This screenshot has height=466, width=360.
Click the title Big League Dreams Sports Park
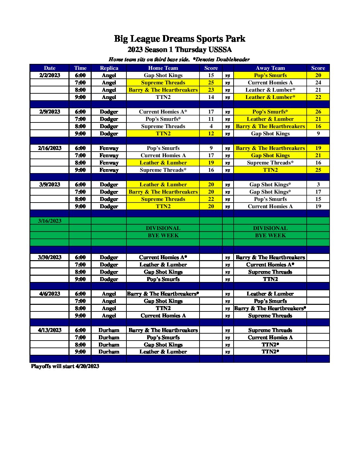180,39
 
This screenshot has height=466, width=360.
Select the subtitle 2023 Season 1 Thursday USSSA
180,50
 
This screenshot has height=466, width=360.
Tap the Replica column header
109,68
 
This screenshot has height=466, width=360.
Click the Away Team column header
270,68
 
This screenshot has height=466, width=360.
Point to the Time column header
80,68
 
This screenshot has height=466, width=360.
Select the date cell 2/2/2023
50,75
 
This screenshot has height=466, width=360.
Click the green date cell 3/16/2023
50,221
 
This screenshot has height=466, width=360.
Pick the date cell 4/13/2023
50,330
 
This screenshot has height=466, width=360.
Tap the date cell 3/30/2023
50,257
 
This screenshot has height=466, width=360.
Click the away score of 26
318,112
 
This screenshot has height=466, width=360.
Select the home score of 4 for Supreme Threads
211,126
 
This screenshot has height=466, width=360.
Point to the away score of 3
318,184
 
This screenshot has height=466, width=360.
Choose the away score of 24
318,82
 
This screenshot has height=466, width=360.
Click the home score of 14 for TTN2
211,97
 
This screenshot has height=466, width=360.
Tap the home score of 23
211,90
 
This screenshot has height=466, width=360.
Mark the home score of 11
211,119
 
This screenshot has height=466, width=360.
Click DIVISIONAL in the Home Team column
163,228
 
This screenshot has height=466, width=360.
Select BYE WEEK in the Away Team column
270,235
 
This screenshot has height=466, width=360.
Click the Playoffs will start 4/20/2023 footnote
65,366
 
